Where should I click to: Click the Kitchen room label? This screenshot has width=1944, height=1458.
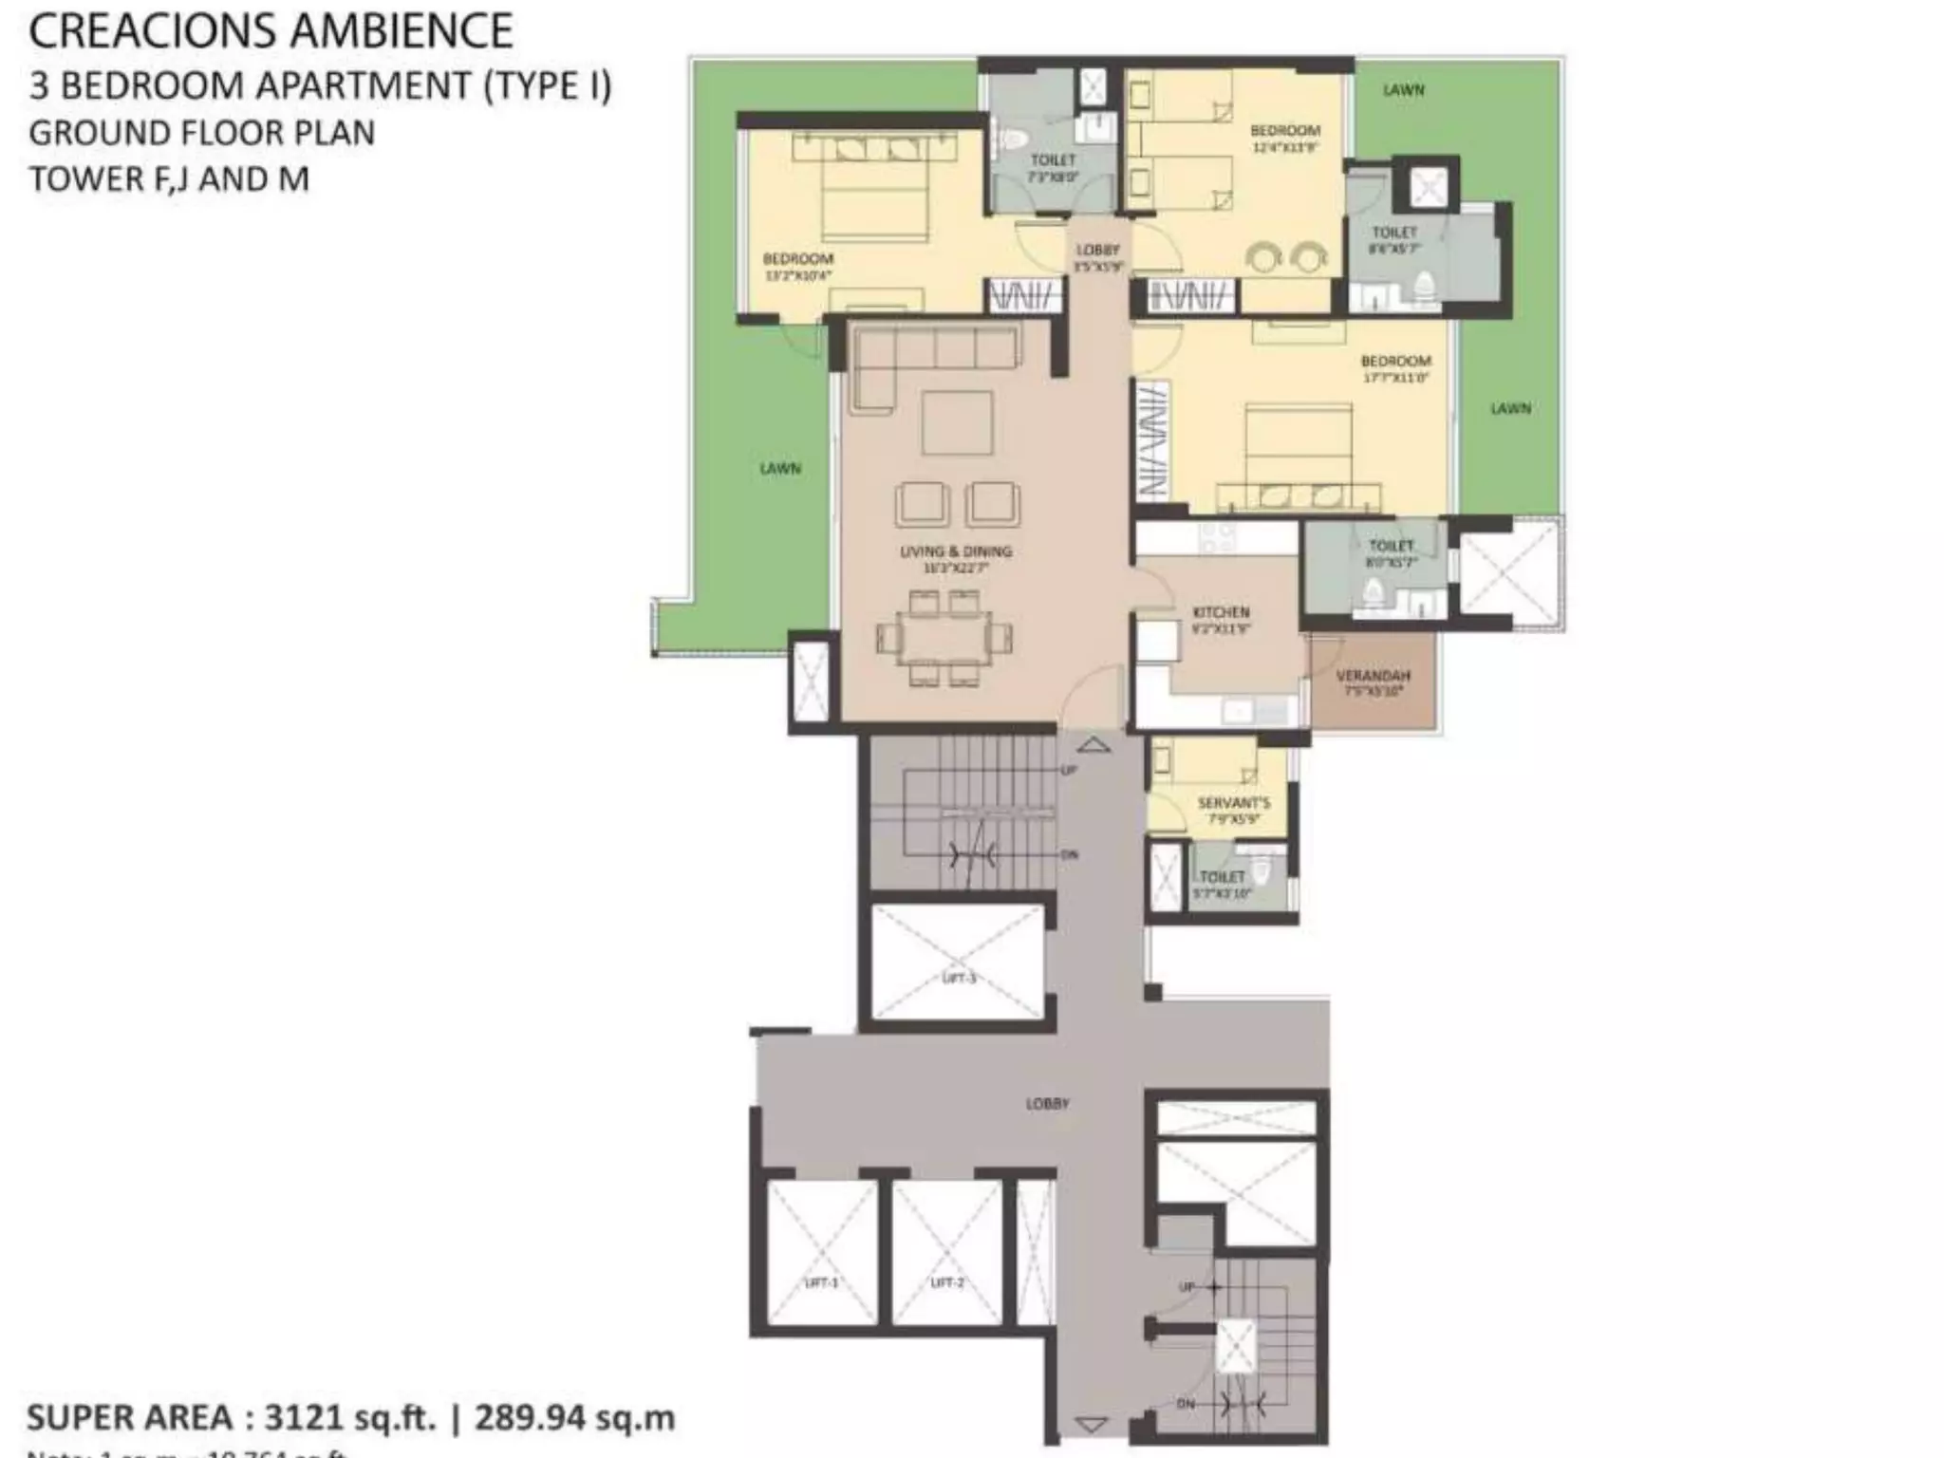coord(1221,613)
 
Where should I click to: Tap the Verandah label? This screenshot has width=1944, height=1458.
coord(1373,676)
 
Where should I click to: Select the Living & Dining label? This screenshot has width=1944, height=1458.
coord(956,551)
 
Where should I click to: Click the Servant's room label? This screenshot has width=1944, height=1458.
coord(1233,803)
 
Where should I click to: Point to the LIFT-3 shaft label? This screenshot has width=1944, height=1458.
coord(959,978)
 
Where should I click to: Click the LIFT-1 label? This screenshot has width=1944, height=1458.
coord(821,1282)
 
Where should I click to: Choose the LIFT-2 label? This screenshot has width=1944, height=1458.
coord(946,1282)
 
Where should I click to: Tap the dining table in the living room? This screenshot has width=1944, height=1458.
coord(944,638)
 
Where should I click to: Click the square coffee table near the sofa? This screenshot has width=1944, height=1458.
coord(957,422)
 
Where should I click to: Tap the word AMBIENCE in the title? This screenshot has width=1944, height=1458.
coord(402,30)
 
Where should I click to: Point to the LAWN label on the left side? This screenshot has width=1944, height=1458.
coord(780,469)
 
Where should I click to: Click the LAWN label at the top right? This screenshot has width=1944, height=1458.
coord(1403,90)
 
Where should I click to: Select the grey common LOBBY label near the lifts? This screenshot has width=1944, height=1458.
coord(1047,1104)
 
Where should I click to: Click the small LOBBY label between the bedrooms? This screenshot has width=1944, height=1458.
coord(1097,251)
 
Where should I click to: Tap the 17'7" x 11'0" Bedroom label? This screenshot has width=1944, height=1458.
coord(1394,362)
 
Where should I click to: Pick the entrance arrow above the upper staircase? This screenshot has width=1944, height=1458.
coord(1093,745)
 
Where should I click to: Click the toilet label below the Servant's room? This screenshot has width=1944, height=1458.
coord(1222,877)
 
